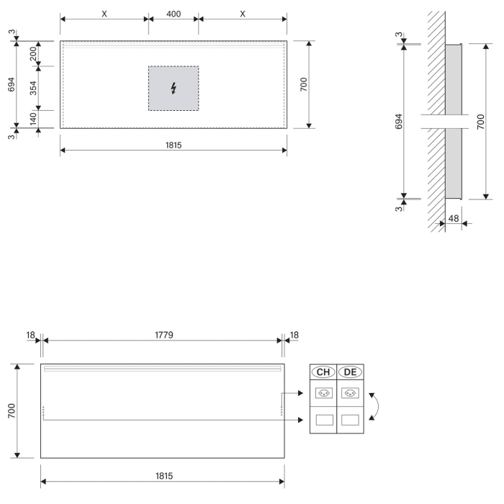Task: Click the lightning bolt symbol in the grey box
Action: point(174,89)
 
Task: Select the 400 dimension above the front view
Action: point(173,14)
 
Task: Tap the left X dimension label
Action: point(104,14)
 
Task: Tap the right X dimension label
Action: point(243,14)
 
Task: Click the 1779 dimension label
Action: point(163,335)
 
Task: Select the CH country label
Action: point(323,372)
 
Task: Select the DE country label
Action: point(351,372)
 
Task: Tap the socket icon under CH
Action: point(323,394)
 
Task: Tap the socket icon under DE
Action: point(351,394)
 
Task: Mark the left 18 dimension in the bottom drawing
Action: point(31,335)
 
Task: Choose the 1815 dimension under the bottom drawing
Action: point(163,477)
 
